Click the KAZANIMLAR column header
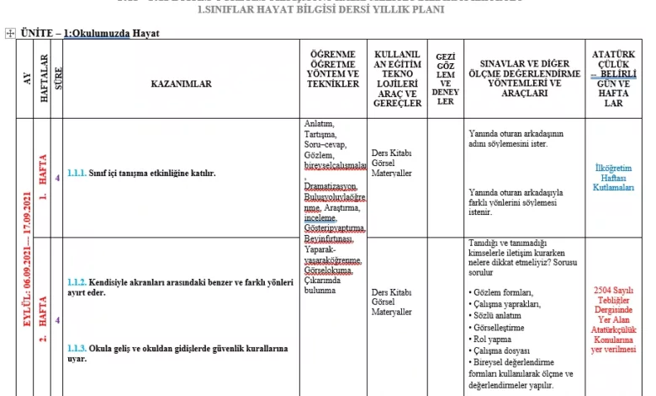181,83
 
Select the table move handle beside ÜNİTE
9,33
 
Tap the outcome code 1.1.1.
77,174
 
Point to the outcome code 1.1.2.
77,281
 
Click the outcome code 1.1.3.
77,348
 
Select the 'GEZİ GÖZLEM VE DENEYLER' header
446,79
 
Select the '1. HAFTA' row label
43,179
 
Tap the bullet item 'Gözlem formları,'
503,292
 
